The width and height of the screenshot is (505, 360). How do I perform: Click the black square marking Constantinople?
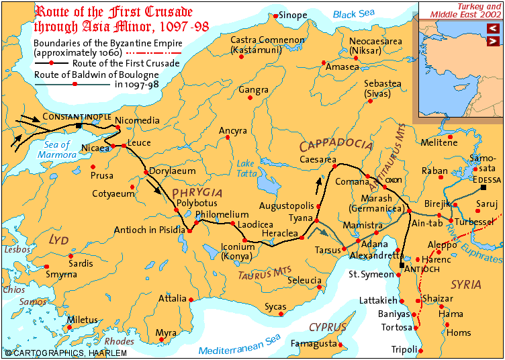click(79, 126)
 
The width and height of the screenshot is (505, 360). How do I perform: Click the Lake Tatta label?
click(246, 168)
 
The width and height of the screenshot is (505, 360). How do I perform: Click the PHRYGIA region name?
click(197, 193)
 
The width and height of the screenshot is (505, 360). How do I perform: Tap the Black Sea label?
click(355, 14)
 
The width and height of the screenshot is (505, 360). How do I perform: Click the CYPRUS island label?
click(328, 327)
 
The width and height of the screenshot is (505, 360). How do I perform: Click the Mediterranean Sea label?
click(240, 350)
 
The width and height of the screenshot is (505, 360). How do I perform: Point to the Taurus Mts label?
click(261, 273)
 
